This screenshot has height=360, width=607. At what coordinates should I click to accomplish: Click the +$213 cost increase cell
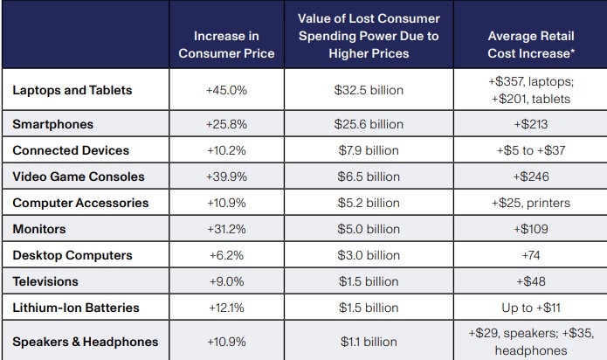coord(530,124)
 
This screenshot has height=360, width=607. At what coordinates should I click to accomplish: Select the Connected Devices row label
coord(71,150)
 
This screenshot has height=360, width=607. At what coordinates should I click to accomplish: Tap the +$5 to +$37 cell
coord(530,150)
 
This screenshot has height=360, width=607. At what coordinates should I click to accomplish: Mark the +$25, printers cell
coord(530,203)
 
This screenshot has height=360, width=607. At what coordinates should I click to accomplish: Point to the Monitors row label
coord(40,229)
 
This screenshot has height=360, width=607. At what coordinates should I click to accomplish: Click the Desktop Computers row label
coord(72,255)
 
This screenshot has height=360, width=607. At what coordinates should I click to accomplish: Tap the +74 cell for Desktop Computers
coord(530,255)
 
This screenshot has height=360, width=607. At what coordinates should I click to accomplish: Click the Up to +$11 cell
coord(530,308)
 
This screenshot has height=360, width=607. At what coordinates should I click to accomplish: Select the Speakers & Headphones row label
coord(85,341)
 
